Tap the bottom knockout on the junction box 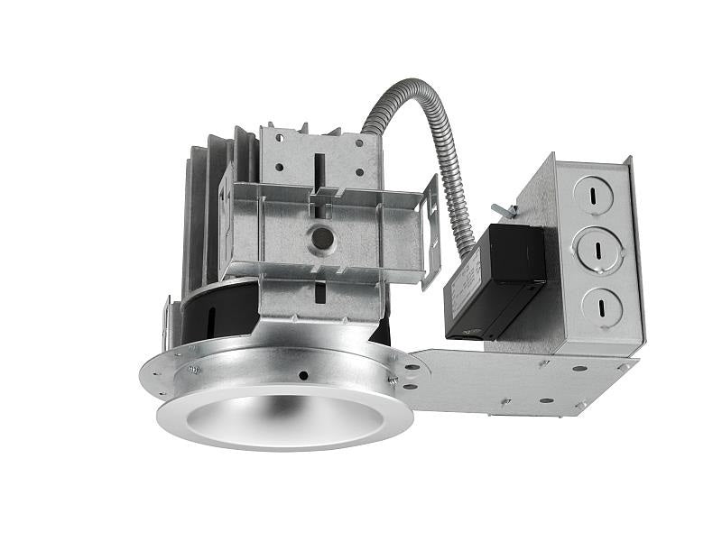(602, 306)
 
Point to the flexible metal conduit (424, 135)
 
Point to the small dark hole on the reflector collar (304, 375)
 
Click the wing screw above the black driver (507, 212)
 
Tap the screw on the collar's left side (194, 369)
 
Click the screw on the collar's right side (393, 381)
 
